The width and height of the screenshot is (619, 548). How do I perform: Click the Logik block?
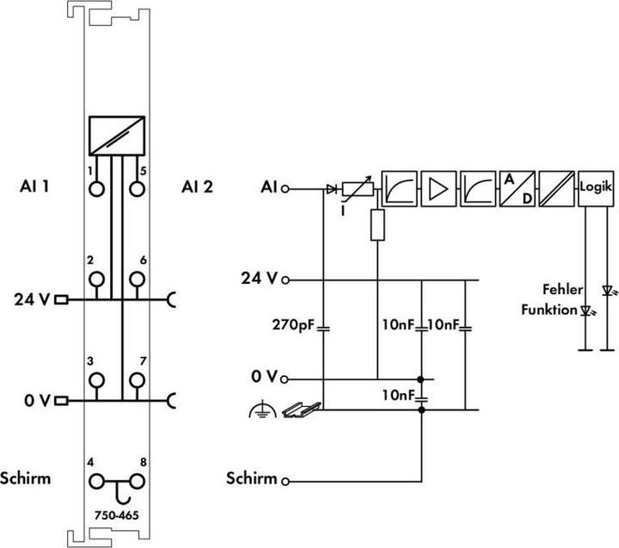point(596,188)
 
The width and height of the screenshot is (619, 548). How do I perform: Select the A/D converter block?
point(518,188)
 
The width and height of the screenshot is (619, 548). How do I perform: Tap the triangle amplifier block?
point(438,188)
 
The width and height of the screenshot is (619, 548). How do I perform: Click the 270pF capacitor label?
point(293,325)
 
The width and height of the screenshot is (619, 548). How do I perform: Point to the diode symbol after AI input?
point(332,189)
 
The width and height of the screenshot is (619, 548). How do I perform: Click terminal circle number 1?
point(96,189)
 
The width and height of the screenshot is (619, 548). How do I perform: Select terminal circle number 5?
point(137,189)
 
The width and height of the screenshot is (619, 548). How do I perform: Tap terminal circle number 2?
point(96,279)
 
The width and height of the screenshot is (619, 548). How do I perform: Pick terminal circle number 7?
point(137,380)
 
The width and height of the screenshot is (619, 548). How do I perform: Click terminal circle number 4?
point(96,482)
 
